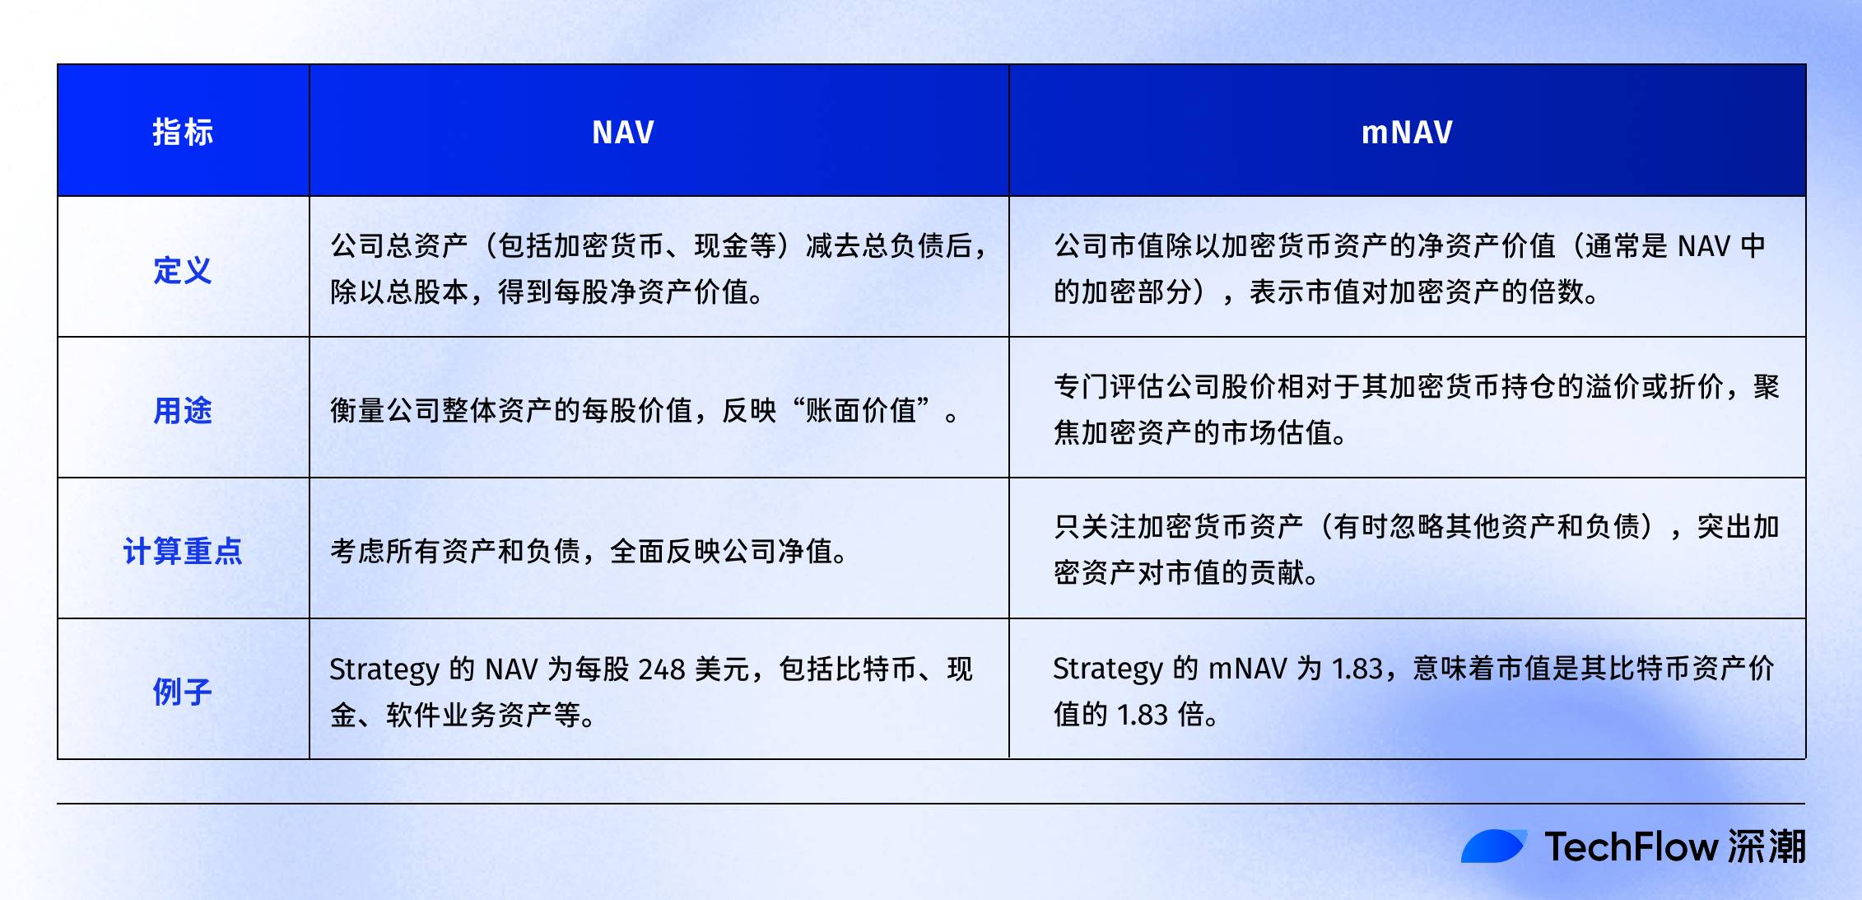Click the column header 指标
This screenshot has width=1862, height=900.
[183, 132]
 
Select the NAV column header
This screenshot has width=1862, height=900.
[623, 132]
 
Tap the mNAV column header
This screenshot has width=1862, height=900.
[1407, 132]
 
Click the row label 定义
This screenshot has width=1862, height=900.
[183, 270]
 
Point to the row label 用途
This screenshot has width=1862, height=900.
[183, 410]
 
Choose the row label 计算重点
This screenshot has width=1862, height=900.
[183, 551]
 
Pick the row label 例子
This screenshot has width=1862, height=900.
[183, 692]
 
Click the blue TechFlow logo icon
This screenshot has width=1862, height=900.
[1493, 846]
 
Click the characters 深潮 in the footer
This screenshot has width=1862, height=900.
[1767, 846]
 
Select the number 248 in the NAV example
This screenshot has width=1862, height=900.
[661, 669]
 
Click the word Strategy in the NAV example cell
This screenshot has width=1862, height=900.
[384, 669]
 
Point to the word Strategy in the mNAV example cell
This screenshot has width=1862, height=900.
[1107, 669]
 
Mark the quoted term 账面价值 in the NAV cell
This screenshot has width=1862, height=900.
[861, 410]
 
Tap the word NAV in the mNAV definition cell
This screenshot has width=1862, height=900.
[1703, 246]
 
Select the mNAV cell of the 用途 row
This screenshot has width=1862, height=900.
[1416, 409]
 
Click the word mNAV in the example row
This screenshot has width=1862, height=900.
[1247, 669]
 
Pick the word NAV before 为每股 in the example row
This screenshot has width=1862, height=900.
[511, 669]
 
